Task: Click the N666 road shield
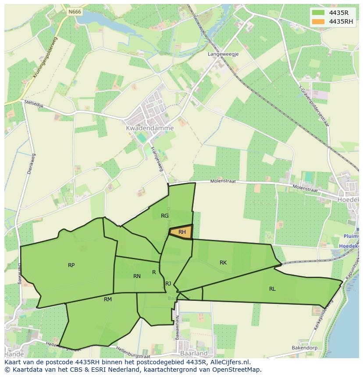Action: coord(75,12)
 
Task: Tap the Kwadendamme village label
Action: coord(149,128)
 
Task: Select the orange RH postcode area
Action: coord(181,232)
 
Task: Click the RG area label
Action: coord(165,216)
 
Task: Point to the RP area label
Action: coord(71,265)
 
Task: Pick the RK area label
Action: coord(223,263)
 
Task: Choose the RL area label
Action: coord(272,289)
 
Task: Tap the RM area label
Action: coord(108,299)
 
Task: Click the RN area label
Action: coord(137,276)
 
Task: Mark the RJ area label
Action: coord(168,284)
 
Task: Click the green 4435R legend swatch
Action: coord(319,13)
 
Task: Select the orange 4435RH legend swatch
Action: coord(319,21)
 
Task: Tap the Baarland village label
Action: coord(194,353)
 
